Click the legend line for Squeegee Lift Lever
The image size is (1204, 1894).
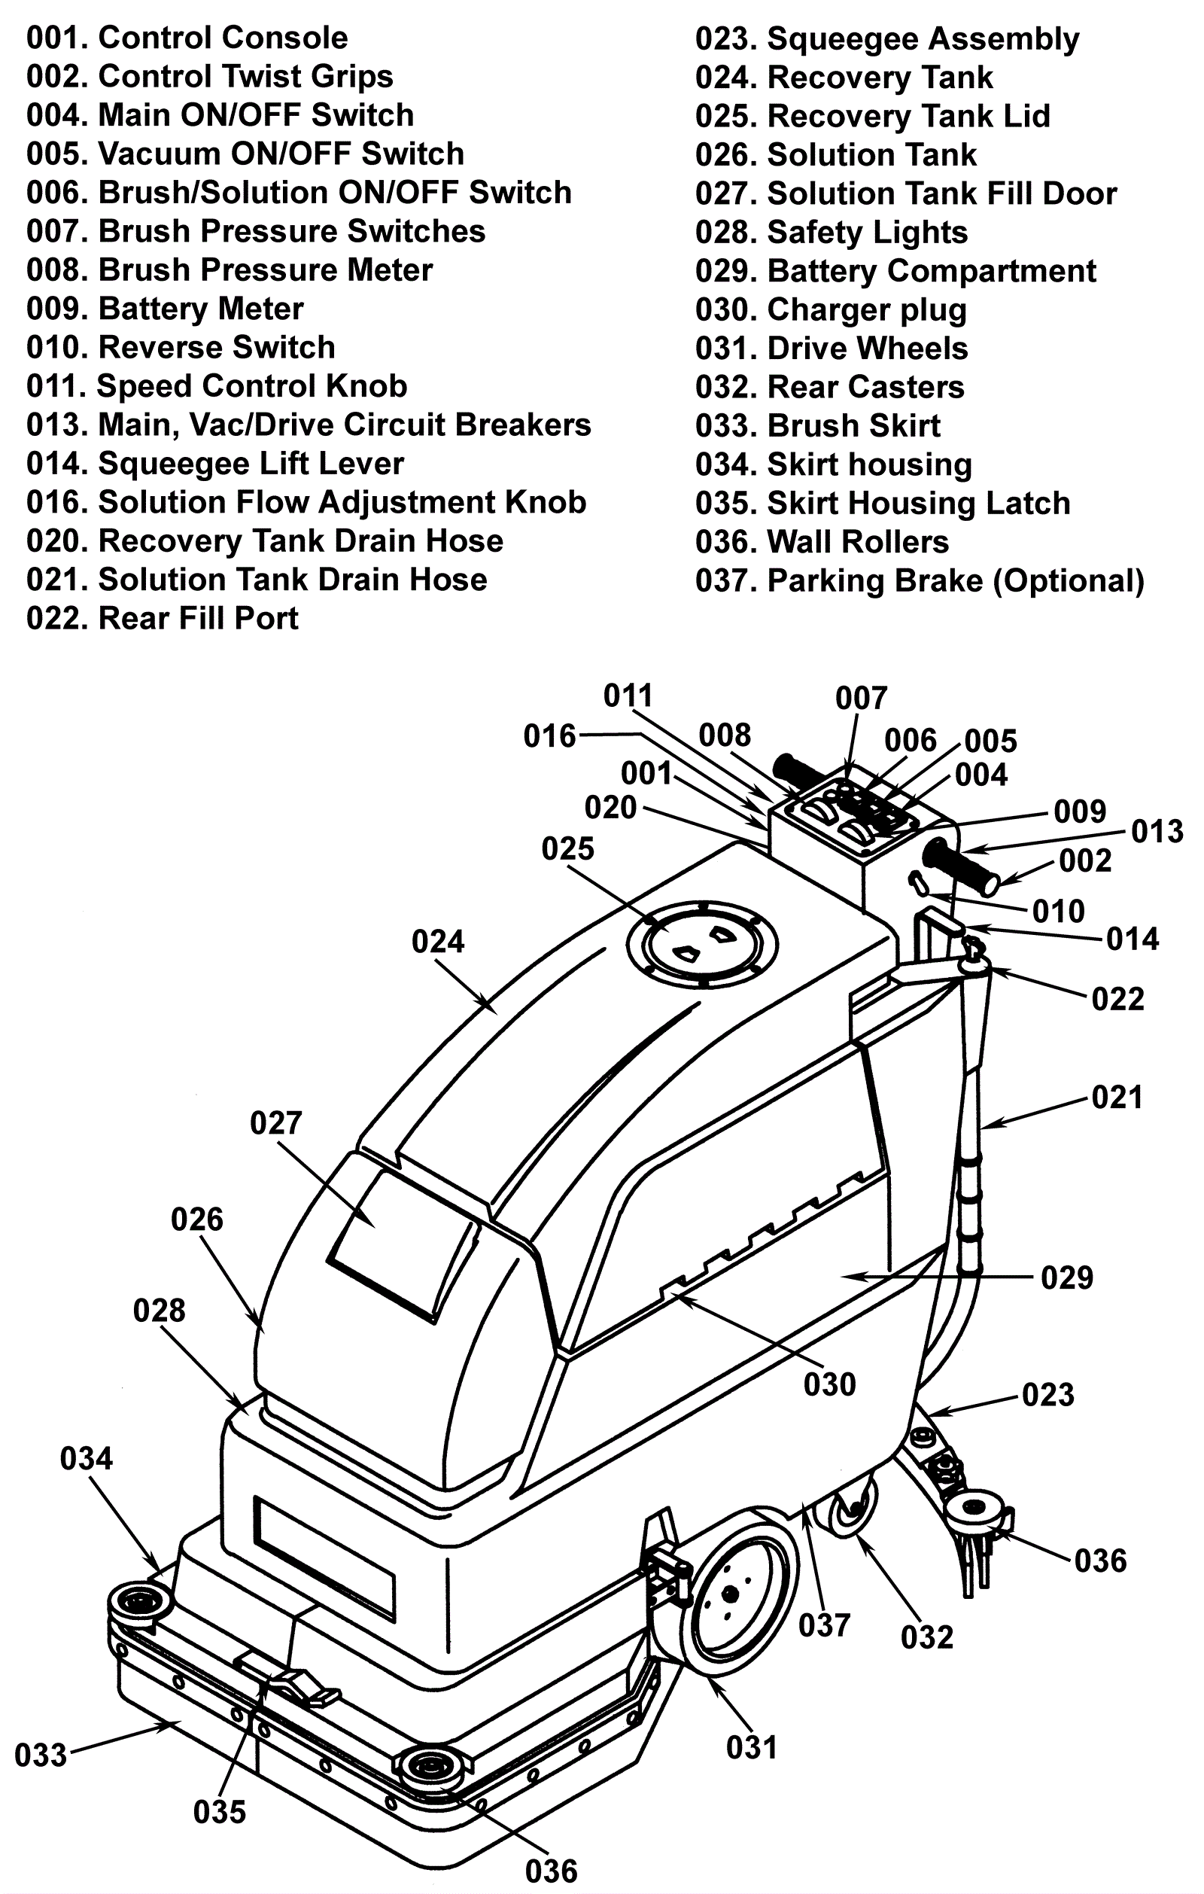point(214,464)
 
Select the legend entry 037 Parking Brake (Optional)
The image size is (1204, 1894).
point(920,580)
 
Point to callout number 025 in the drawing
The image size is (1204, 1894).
point(568,848)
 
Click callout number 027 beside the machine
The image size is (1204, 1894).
point(275,1122)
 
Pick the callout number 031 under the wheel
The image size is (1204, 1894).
point(752,1747)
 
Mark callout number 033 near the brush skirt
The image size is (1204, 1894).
point(41,1755)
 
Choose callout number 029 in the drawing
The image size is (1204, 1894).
point(1066,1277)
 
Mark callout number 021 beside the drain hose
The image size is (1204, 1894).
point(1117,1098)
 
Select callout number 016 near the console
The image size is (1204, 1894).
point(550,736)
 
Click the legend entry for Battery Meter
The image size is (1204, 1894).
point(164,309)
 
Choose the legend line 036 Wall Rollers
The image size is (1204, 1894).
point(822,542)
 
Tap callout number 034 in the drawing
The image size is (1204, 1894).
point(87,1457)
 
